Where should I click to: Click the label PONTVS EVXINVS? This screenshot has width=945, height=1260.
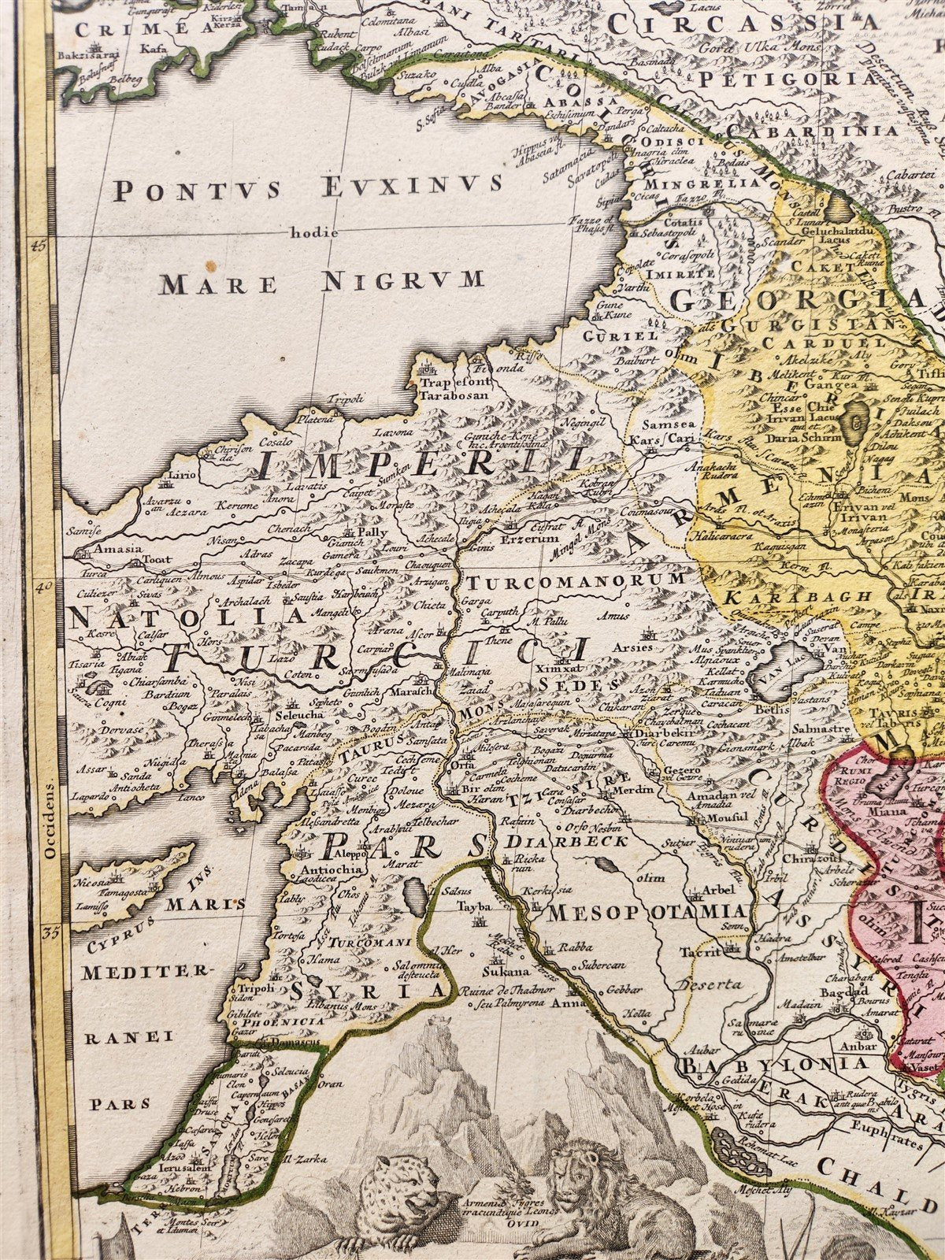click(x=307, y=187)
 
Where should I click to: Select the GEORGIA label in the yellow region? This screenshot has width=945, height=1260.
click(x=795, y=299)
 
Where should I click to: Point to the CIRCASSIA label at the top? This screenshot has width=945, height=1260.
click(x=744, y=21)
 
